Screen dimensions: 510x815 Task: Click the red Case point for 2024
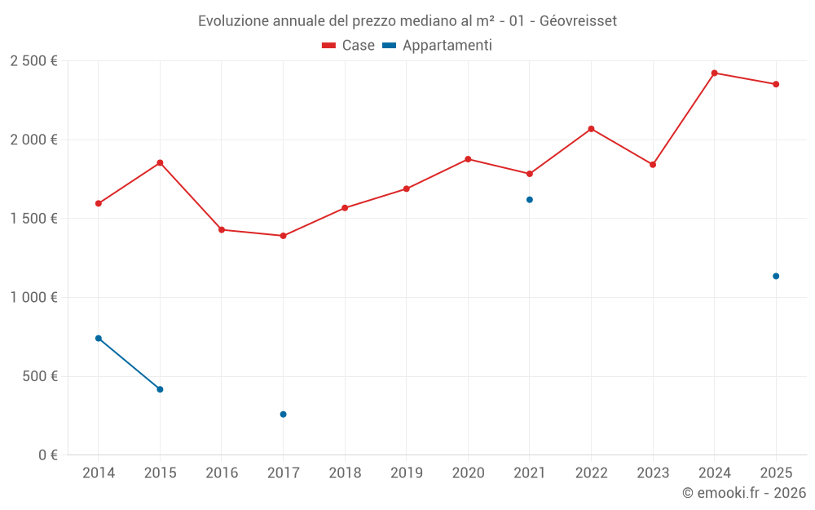point(714,73)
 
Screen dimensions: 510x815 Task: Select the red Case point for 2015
point(160,162)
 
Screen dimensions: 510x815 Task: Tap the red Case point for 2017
point(283,236)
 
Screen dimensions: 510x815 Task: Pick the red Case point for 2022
point(591,129)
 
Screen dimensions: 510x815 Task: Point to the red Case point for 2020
point(468,159)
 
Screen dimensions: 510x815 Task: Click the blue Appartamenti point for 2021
point(530,200)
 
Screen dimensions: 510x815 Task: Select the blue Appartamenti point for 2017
point(283,415)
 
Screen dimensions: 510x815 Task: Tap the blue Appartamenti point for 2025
point(776,276)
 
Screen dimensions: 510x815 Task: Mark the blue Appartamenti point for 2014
point(99,338)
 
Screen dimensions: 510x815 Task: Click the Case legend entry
point(348,46)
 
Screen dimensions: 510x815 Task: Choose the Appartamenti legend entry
point(437,46)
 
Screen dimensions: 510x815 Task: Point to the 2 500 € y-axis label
point(33,61)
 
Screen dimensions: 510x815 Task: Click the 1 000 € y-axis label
point(33,298)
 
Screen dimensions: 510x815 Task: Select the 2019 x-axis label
point(406,473)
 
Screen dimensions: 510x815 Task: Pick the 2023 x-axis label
point(653,473)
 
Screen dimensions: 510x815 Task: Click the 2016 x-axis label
point(222,473)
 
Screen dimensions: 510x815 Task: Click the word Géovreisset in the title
point(578,21)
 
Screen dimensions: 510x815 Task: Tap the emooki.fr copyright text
point(743,493)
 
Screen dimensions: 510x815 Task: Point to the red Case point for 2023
point(653,165)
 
